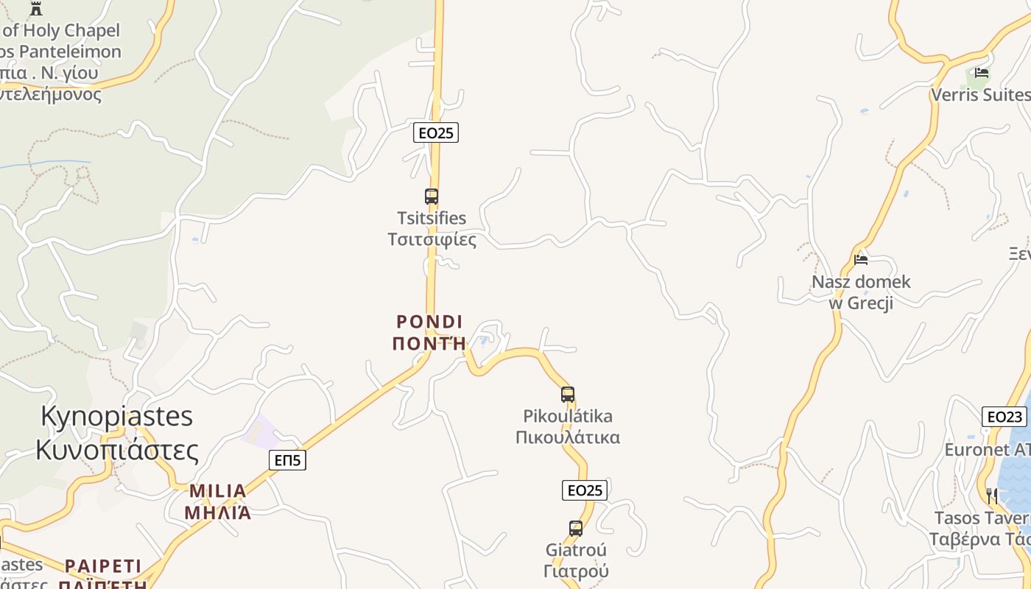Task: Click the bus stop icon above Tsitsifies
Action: click(432, 197)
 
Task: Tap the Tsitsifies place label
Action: click(432, 229)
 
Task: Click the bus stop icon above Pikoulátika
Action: click(567, 394)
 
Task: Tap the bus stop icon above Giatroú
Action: click(576, 528)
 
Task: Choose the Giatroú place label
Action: click(576, 560)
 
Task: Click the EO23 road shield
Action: click(1004, 417)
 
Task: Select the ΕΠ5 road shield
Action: click(287, 460)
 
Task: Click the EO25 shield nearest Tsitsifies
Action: click(436, 133)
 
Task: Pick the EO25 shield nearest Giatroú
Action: click(585, 490)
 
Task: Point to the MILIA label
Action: click(218, 501)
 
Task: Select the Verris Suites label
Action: click(980, 95)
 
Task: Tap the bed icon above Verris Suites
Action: click(982, 72)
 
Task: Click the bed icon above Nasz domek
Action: click(860, 259)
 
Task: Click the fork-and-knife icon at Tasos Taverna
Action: click(992, 495)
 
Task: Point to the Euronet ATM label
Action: click(988, 449)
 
